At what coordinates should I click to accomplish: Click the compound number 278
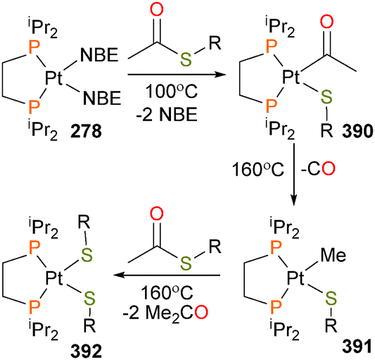(86, 132)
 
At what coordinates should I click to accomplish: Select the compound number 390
(358, 132)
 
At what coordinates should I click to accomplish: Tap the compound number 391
(358, 347)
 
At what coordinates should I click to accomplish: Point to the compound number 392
(86, 352)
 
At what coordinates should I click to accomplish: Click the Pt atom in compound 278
(53, 78)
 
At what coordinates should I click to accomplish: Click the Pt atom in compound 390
(291, 77)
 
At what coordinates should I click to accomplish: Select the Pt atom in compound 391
(295, 278)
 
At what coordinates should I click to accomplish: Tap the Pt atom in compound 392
(53, 278)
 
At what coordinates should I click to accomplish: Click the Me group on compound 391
(333, 255)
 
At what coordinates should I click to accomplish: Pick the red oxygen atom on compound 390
(326, 22)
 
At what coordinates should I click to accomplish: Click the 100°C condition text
(172, 92)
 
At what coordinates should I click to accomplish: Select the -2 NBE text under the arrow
(167, 114)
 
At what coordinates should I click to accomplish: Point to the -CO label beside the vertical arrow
(317, 169)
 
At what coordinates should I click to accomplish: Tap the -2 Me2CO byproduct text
(165, 314)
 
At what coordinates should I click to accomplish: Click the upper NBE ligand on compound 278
(99, 55)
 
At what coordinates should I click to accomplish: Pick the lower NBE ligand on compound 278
(102, 98)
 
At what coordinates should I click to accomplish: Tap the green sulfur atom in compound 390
(326, 97)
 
